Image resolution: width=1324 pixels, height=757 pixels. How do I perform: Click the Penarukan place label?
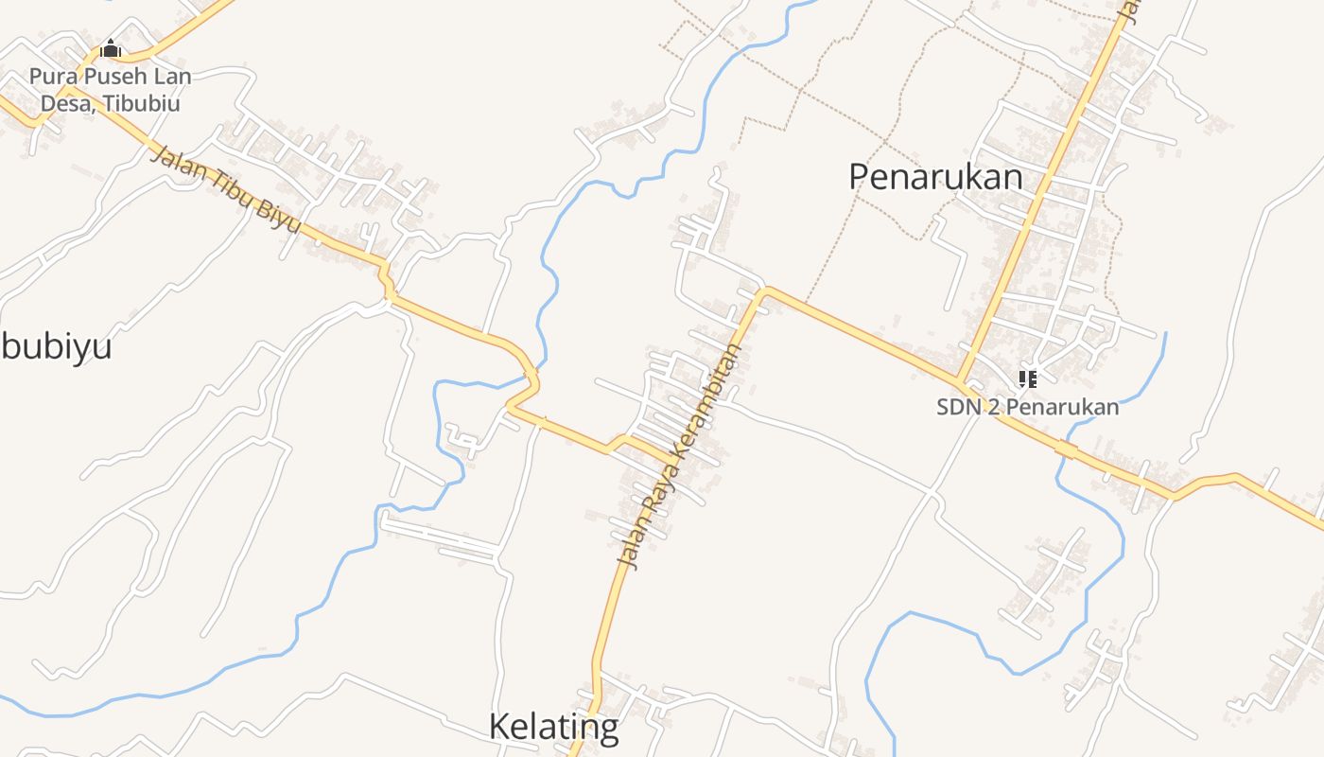935,177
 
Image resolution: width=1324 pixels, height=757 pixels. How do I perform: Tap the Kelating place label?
553,727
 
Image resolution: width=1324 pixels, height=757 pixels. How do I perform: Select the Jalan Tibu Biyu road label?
226,190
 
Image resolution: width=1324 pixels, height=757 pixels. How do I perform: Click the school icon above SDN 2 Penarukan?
1028,379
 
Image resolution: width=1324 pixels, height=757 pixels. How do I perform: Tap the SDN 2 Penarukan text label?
1028,408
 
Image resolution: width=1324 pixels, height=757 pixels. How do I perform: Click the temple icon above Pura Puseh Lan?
111,48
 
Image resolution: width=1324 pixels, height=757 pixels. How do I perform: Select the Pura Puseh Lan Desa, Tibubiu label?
110,90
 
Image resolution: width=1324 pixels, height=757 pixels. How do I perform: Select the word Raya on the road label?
659,499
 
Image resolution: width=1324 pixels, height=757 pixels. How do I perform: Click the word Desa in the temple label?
63,103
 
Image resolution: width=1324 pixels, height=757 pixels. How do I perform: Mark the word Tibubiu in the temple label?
142,103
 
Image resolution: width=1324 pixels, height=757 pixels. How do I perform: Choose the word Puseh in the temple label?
106,77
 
